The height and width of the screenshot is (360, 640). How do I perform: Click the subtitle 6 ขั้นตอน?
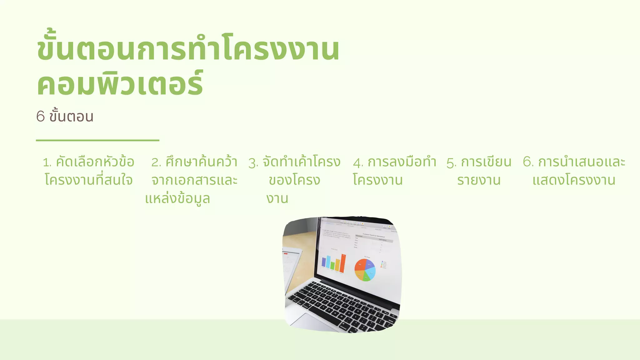[x=65, y=117]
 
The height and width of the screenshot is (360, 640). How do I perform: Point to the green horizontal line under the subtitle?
[x=97, y=141]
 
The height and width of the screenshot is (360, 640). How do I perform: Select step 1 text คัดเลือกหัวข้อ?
[x=95, y=162]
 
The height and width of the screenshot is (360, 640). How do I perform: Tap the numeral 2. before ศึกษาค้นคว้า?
[x=156, y=162]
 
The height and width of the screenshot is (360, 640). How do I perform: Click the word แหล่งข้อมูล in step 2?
[x=177, y=199]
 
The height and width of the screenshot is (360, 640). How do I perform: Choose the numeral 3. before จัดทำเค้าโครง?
[x=253, y=163]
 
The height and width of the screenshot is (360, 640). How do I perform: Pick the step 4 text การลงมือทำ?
[x=402, y=162]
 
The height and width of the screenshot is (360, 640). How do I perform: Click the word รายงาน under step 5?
[x=479, y=180]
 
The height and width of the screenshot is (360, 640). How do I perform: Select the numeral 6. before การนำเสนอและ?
[x=528, y=162]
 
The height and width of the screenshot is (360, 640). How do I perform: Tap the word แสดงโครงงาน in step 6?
[x=574, y=180]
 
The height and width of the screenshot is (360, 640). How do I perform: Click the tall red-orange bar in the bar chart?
[x=343, y=263]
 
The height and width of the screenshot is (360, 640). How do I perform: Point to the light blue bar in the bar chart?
[x=328, y=262]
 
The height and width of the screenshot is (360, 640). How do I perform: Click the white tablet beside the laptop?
[x=291, y=266]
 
